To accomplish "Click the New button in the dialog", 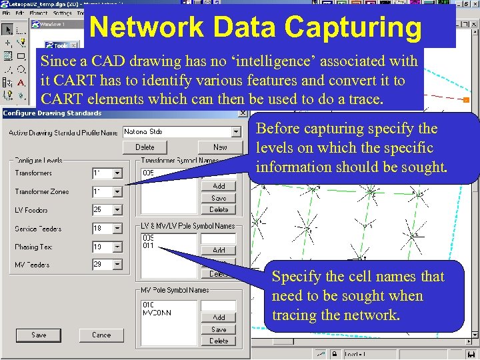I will pos(220,147).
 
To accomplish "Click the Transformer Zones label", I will pos(42,192).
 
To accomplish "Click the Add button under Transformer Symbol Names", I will pos(219,187).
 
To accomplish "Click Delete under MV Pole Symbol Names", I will pos(219,341).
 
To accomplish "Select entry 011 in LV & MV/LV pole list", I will pos(148,246).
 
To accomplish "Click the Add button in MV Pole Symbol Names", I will pos(219,318).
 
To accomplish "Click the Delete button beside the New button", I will pos(145,147).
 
